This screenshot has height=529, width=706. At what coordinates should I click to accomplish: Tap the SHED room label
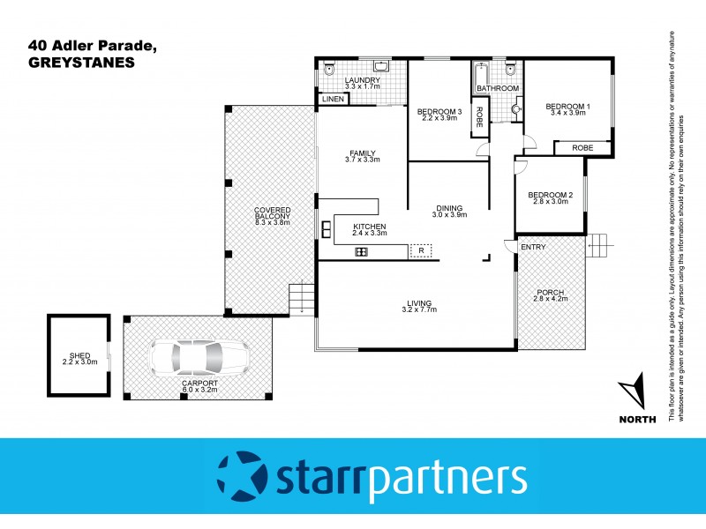pos(78,355)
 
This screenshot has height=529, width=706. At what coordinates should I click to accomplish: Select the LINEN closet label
pos(333,100)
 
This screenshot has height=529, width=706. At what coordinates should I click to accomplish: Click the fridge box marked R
pos(422,251)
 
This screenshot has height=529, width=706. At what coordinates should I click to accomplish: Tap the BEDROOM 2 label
pos(551,194)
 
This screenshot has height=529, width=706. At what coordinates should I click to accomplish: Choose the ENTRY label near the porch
pos(533,247)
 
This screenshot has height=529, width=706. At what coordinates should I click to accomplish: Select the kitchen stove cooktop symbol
pos(361,252)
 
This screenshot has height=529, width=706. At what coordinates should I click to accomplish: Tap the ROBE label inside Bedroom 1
pos(582,147)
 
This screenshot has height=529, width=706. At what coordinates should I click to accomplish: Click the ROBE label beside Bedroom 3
pos(478,117)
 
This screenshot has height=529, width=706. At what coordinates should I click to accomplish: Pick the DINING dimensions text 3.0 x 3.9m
pos(448,215)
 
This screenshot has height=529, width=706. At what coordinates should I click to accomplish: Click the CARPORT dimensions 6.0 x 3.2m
pos(200,392)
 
